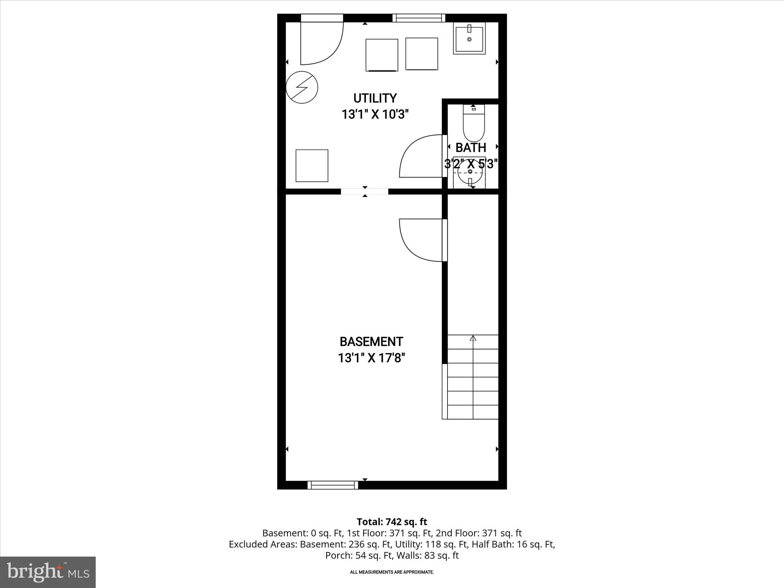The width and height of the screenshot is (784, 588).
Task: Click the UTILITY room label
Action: (x=375, y=98)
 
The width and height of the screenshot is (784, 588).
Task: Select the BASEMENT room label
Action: (x=371, y=341)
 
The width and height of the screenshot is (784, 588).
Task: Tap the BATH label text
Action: (x=470, y=147)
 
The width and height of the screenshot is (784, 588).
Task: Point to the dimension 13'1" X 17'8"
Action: (x=371, y=358)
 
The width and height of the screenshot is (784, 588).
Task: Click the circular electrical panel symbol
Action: (x=302, y=87)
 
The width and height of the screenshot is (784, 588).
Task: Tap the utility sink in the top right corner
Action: (x=469, y=38)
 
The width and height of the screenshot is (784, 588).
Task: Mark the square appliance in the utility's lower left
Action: (x=312, y=165)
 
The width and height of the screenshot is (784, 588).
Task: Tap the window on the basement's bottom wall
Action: (x=333, y=485)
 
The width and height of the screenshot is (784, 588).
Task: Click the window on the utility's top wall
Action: (x=419, y=18)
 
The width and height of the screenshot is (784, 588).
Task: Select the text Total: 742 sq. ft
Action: (x=392, y=522)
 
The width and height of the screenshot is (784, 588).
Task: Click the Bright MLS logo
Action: (x=48, y=572)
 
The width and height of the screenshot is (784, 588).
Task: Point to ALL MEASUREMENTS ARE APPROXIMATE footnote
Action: (x=392, y=572)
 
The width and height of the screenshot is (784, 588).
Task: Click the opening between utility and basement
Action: (x=364, y=191)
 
